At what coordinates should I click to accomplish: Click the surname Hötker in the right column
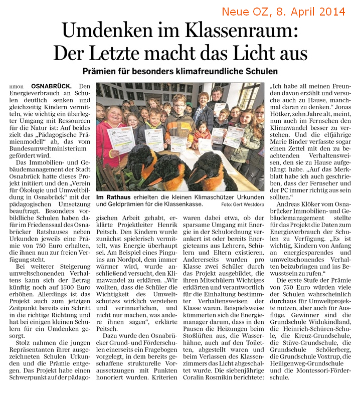tap(290, 115)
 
